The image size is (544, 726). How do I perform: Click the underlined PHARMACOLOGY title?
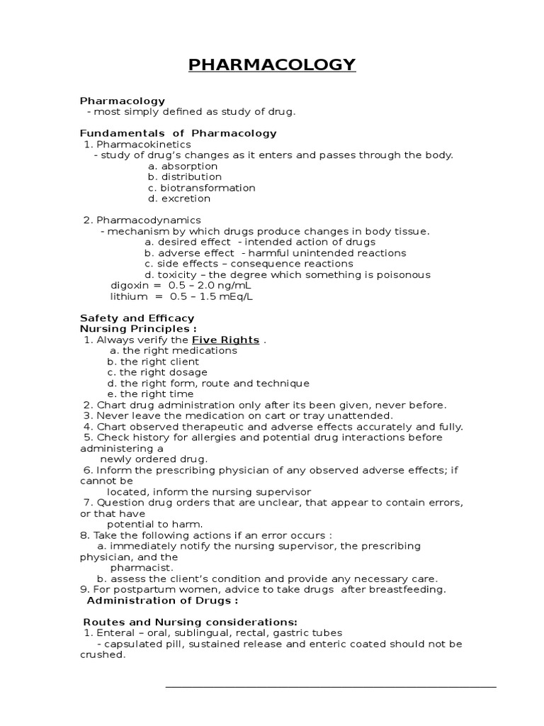pyautogui.click(x=272, y=66)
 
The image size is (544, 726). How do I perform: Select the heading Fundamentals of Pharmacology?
pyautogui.click(x=178, y=133)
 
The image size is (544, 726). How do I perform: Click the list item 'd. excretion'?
pyautogui.click(x=179, y=199)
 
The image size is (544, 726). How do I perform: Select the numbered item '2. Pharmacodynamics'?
pyautogui.click(x=142, y=220)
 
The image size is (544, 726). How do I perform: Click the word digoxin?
pyautogui.click(x=128, y=286)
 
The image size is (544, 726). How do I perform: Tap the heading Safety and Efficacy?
pyautogui.click(x=137, y=318)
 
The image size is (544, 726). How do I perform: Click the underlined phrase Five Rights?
pyautogui.click(x=230, y=340)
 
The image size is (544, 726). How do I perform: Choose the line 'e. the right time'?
pyautogui.click(x=150, y=394)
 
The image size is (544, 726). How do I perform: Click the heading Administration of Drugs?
pyautogui.click(x=162, y=601)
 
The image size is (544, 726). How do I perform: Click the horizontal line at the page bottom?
pyautogui.click(x=331, y=686)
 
